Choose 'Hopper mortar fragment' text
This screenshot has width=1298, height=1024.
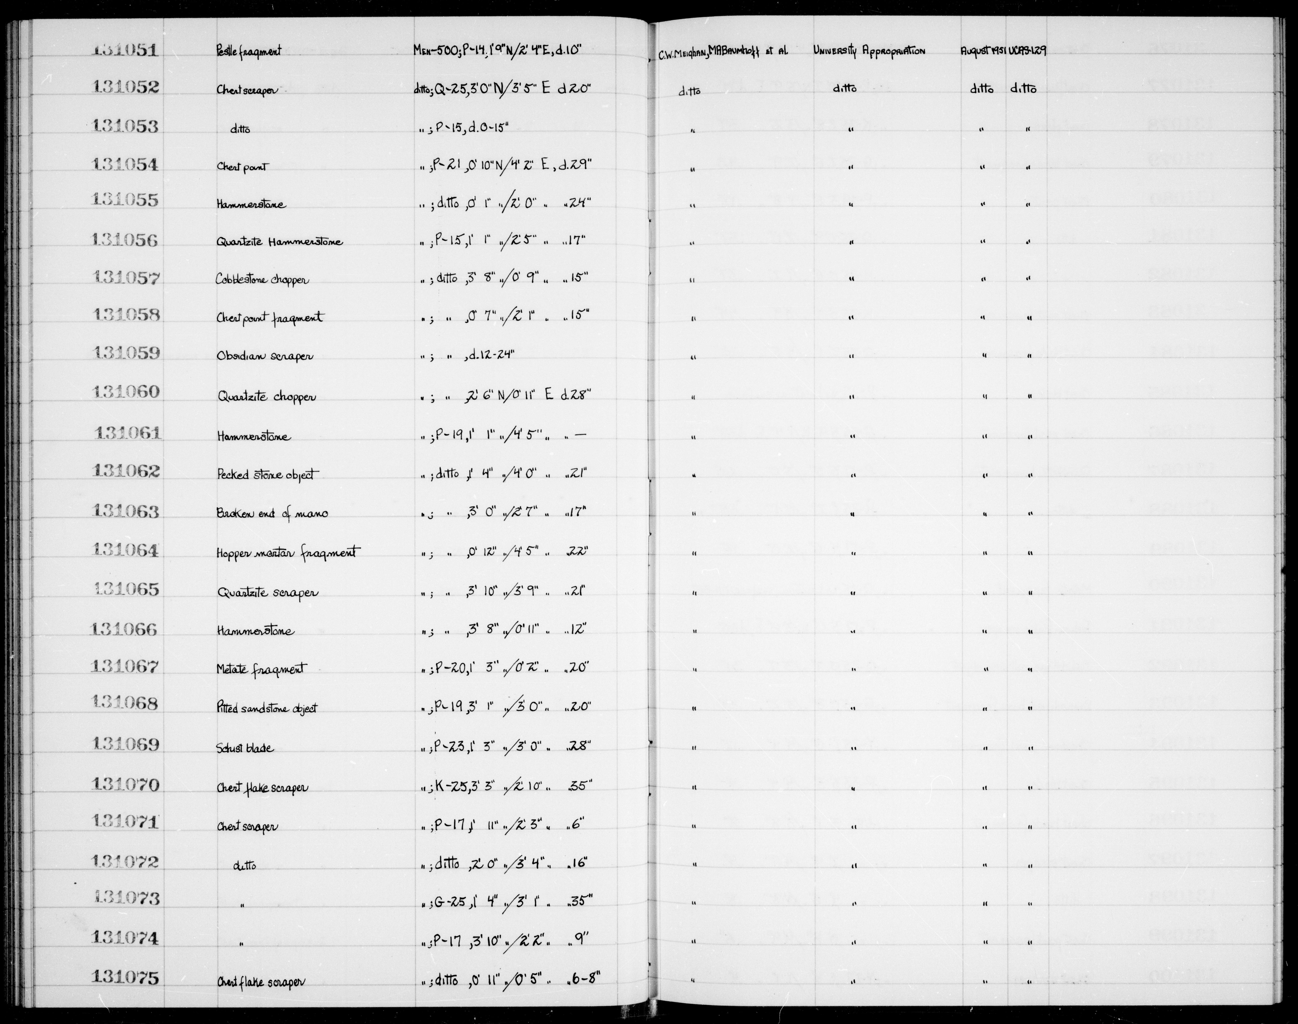[x=288, y=552]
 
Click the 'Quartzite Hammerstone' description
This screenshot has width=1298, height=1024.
[x=279, y=242]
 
